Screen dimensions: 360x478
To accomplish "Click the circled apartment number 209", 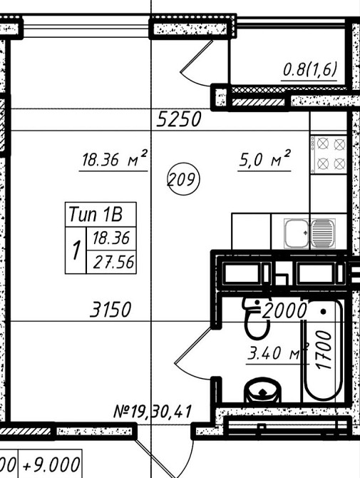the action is [183, 180].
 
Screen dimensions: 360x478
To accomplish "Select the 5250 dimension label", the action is [179, 119].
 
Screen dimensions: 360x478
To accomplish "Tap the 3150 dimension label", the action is [110, 310].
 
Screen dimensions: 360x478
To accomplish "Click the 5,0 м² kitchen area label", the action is [264, 158].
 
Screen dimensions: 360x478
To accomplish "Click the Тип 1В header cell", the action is [101, 215].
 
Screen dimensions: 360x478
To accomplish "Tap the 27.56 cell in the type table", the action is [111, 262].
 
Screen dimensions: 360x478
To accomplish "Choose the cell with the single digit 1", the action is [76, 250].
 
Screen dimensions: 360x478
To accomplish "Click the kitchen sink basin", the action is [297, 233].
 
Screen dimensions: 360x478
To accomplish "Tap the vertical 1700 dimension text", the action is [324, 350].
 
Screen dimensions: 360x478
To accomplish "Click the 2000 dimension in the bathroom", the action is [284, 310].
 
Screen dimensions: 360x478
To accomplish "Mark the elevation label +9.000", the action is [51, 465].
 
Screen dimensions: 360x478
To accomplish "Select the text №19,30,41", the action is [153, 412].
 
